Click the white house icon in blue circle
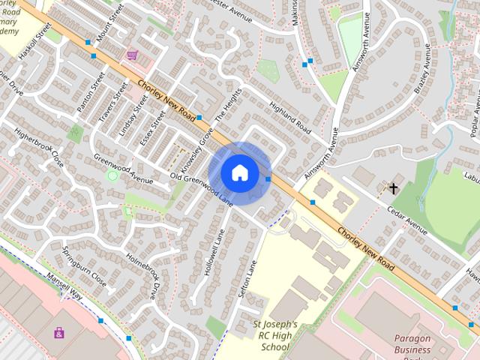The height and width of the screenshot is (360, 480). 239,172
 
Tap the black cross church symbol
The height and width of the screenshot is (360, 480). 393,187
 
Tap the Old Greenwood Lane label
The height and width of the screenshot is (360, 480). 202,187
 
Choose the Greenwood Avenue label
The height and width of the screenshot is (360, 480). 123,169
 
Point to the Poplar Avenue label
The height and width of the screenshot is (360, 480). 473,117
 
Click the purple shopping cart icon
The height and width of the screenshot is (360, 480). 133,55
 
